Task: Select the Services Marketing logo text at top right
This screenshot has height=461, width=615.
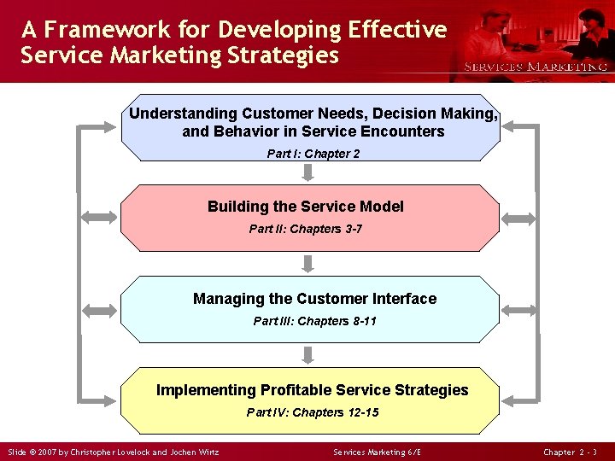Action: (x=536, y=67)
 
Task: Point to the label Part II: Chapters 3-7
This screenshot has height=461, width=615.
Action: (x=305, y=229)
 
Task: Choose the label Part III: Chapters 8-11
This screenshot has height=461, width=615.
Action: (x=314, y=321)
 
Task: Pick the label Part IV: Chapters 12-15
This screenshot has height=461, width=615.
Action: (x=313, y=412)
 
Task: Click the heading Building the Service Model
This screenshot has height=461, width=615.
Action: (x=305, y=207)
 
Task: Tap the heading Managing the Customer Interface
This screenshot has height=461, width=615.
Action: (x=314, y=299)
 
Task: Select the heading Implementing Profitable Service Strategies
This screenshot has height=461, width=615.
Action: (x=313, y=390)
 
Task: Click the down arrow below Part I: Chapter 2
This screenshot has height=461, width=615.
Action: (x=308, y=172)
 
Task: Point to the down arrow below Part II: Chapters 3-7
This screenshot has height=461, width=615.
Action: (x=308, y=263)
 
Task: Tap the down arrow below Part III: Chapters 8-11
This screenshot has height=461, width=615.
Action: (x=308, y=354)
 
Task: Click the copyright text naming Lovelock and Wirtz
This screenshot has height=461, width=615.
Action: (x=113, y=452)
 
